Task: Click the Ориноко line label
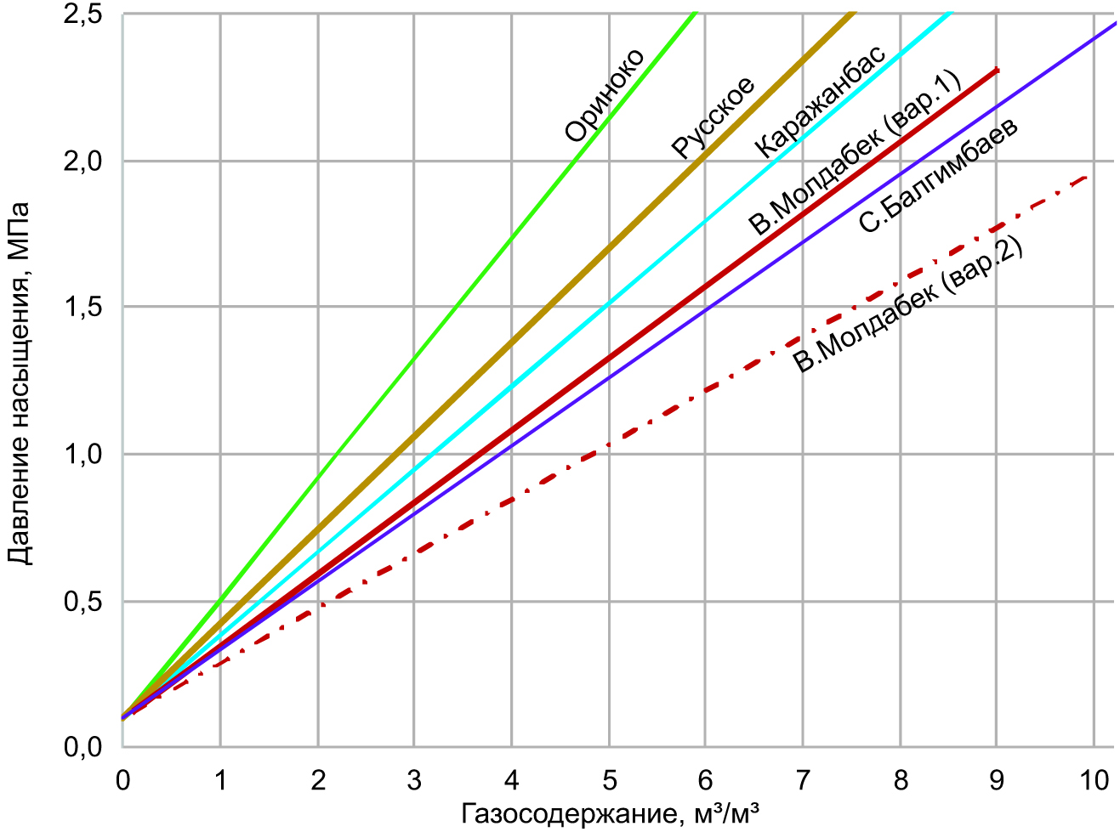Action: (x=605, y=95)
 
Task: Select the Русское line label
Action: (x=713, y=118)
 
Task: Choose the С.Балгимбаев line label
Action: (x=938, y=177)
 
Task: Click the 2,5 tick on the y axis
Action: (x=82, y=14)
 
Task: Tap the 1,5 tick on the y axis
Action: (x=82, y=307)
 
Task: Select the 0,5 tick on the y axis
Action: (x=82, y=602)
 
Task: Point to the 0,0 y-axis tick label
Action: (x=82, y=747)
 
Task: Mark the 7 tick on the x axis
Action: (x=803, y=779)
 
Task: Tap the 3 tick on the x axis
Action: (x=414, y=779)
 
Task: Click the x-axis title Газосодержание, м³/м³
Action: (x=610, y=814)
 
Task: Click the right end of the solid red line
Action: (x=997, y=70)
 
